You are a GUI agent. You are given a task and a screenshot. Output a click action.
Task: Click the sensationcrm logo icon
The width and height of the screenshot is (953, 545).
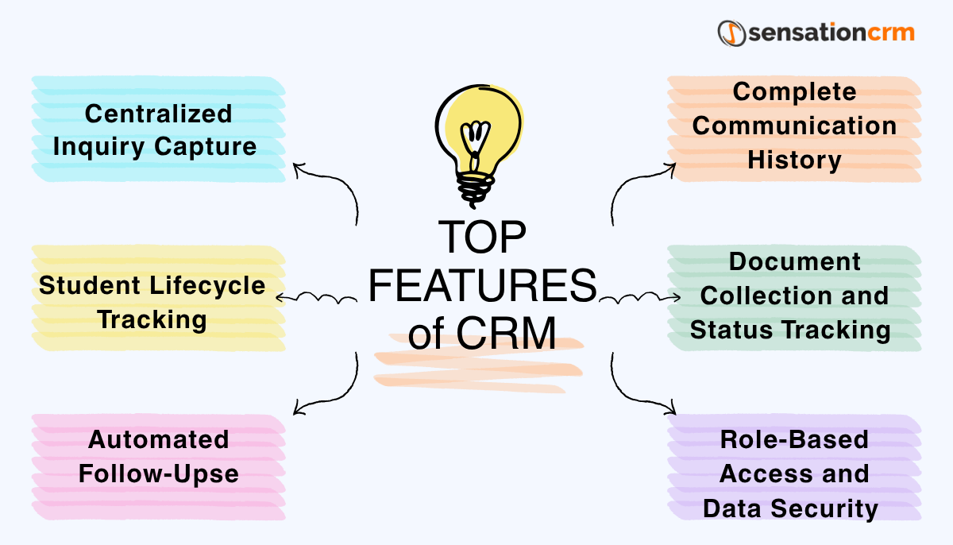pyautogui.click(x=732, y=33)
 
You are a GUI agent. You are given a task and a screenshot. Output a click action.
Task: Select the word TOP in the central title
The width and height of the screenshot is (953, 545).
pyautogui.click(x=482, y=238)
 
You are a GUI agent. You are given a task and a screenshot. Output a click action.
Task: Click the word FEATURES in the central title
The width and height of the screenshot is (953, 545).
pyautogui.click(x=482, y=286)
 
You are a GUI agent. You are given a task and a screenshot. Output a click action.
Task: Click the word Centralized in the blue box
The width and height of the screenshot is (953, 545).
pyautogui.click(x=158, y=114)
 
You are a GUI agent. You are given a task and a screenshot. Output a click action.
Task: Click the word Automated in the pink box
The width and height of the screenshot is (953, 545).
pyautogui.click(x=158, y=439)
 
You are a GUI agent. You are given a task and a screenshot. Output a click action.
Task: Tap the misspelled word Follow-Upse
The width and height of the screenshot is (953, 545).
pyautogui.click(x=158, y=473)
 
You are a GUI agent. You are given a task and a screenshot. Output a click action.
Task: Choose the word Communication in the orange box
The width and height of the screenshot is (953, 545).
pyautogui.click(x=794, y=126)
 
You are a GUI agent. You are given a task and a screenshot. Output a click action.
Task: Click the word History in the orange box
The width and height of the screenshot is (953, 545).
pyautogui.click(x=794, y=160)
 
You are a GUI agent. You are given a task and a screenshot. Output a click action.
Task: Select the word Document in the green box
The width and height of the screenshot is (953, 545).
pyautogui.click(x=794, y=261)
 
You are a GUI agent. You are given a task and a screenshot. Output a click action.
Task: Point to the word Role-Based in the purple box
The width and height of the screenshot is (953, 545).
pyautogui.click(x=794, y=439)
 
